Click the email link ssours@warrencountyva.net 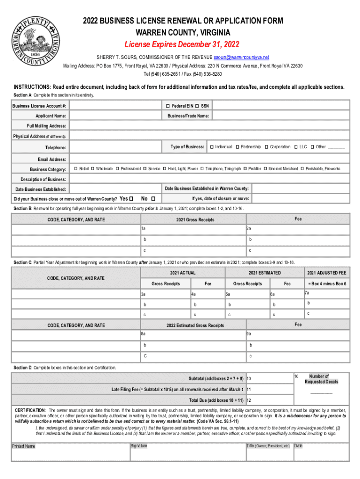coord(241,57)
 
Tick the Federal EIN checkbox coord(167,106)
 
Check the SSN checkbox coord(197,106)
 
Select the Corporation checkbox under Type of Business coord(266,147)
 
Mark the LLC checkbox coord(295,147)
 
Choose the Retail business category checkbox coord(76,168)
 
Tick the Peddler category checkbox coord(245,168)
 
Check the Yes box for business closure coord(131,198)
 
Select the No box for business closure coord(153,198)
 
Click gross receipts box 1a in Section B coord(193,229)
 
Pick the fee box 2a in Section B coord(297,229)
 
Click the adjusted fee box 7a coord(326,294)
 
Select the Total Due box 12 coord(269,401)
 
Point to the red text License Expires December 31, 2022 coord(181,45)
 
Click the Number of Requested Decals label coord(321,379)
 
